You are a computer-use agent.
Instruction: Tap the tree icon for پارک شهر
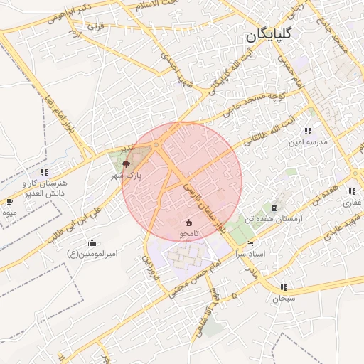click(127, 164)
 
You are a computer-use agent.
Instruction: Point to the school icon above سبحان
click(284, 288)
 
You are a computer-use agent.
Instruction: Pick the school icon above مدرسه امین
click(307, 132)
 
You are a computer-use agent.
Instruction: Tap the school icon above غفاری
click(352, 191)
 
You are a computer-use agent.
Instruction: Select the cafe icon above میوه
click(9, 202)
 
